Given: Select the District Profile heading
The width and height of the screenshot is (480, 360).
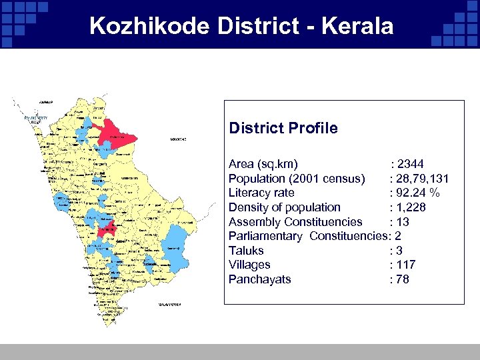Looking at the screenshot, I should [x=283, y=128].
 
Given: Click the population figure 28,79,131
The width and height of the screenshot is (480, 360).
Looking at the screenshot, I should [x=422, y=179].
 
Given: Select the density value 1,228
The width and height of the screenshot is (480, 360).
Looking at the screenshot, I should [x=411, y=207].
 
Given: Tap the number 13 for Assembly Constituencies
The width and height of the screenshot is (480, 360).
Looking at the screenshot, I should [x=403, y=222].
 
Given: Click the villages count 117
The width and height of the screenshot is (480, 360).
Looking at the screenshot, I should [x=405, y=265].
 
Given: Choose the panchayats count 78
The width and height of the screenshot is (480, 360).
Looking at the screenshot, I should [x=402, y=279].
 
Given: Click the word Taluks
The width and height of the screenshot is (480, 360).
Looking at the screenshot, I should [x=246, y=251].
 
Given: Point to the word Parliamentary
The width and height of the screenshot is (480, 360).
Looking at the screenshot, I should [x=265, y=236].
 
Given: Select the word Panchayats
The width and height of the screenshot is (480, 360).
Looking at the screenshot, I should [x=259, y=279].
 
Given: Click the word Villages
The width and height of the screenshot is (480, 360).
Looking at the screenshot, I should [x=249, y=265].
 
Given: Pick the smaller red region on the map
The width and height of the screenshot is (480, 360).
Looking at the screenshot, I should [x=106, y=230].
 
